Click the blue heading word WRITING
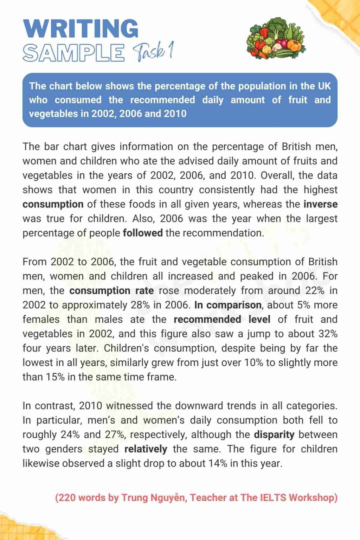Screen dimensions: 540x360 tap(81, 28)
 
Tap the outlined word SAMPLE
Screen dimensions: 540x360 tap(73, 53)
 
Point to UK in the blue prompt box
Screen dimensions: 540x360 tap(324, 86)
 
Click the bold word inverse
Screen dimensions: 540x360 tap(320, 204)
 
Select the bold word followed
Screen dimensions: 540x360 tap(142, 233)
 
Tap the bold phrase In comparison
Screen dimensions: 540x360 tap(228, 305)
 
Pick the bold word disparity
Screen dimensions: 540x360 tap(274, 435)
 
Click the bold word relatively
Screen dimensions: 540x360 tap(146, 449)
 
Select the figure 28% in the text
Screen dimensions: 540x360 tap(140, 305)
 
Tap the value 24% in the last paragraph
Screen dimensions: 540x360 tap(70, 435)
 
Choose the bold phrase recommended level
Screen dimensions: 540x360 tap(222, 319)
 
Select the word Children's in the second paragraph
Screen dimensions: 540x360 tap(126, 348)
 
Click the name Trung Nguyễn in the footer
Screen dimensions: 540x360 tap(154, 497)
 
